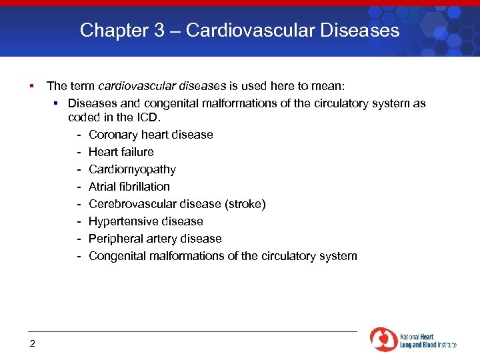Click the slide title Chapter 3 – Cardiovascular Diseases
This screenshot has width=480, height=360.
240,30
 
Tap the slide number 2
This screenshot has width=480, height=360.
32,343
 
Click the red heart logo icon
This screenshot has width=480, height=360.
383,339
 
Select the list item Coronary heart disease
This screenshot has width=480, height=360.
151,135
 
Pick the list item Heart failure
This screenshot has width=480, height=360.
121,152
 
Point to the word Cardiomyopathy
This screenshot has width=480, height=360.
132,169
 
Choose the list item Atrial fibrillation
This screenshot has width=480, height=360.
129,187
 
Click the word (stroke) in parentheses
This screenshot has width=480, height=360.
245,204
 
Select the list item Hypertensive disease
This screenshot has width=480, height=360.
145,221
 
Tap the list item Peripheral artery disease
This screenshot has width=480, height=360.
155,239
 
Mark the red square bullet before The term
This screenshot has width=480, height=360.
31,86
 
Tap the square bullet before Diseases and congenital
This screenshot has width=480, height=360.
57,103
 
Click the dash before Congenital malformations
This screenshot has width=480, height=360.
79,256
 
